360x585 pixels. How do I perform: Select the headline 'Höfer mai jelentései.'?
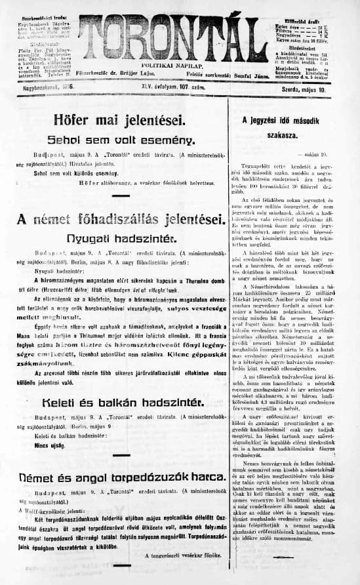click(121, 123)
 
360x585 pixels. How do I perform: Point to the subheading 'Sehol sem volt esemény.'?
click(121, 140)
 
